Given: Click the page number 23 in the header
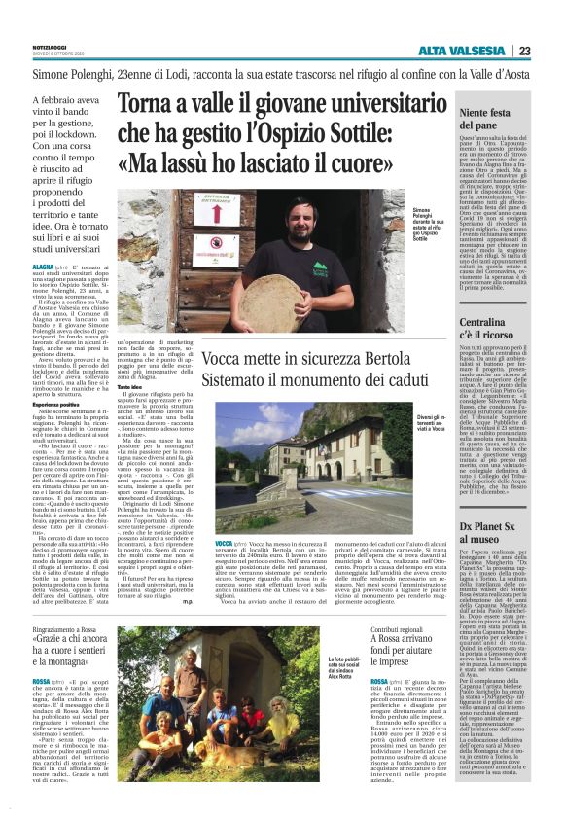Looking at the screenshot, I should click(524, 51).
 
